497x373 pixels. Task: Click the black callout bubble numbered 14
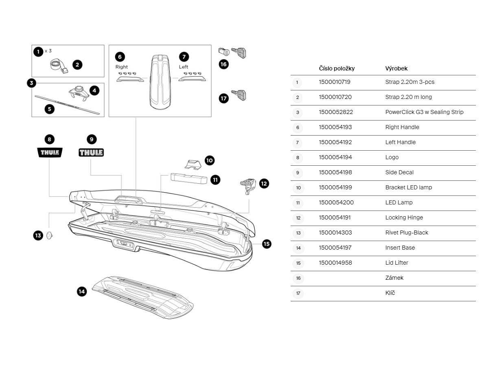click(x=82, y=292)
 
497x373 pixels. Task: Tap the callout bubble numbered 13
click(x=38, y=235)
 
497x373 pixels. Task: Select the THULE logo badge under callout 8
click(x=50, y=153)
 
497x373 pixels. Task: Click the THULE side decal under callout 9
click(x=91, y=153)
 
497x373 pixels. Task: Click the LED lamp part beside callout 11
click(x=188, y=178)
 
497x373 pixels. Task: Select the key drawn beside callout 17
click(x=239, y=95)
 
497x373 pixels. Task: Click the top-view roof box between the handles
click(x=160, y=81)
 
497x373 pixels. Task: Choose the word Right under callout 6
click(x=121, y=67)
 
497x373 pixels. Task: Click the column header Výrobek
click(x=396, y=68)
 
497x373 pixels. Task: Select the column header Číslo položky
click(x=337, y=68)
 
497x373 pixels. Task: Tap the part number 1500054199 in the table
click(x=335, y=187)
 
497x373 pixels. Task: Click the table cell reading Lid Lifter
click(x=396, y=263)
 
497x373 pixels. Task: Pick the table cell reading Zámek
click(x=394, y=278)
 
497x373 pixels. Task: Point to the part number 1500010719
click(x=334, y=82)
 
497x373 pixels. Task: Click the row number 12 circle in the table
click(x=298, y=218)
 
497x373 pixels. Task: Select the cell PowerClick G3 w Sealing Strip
click(x=424, y=112)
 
